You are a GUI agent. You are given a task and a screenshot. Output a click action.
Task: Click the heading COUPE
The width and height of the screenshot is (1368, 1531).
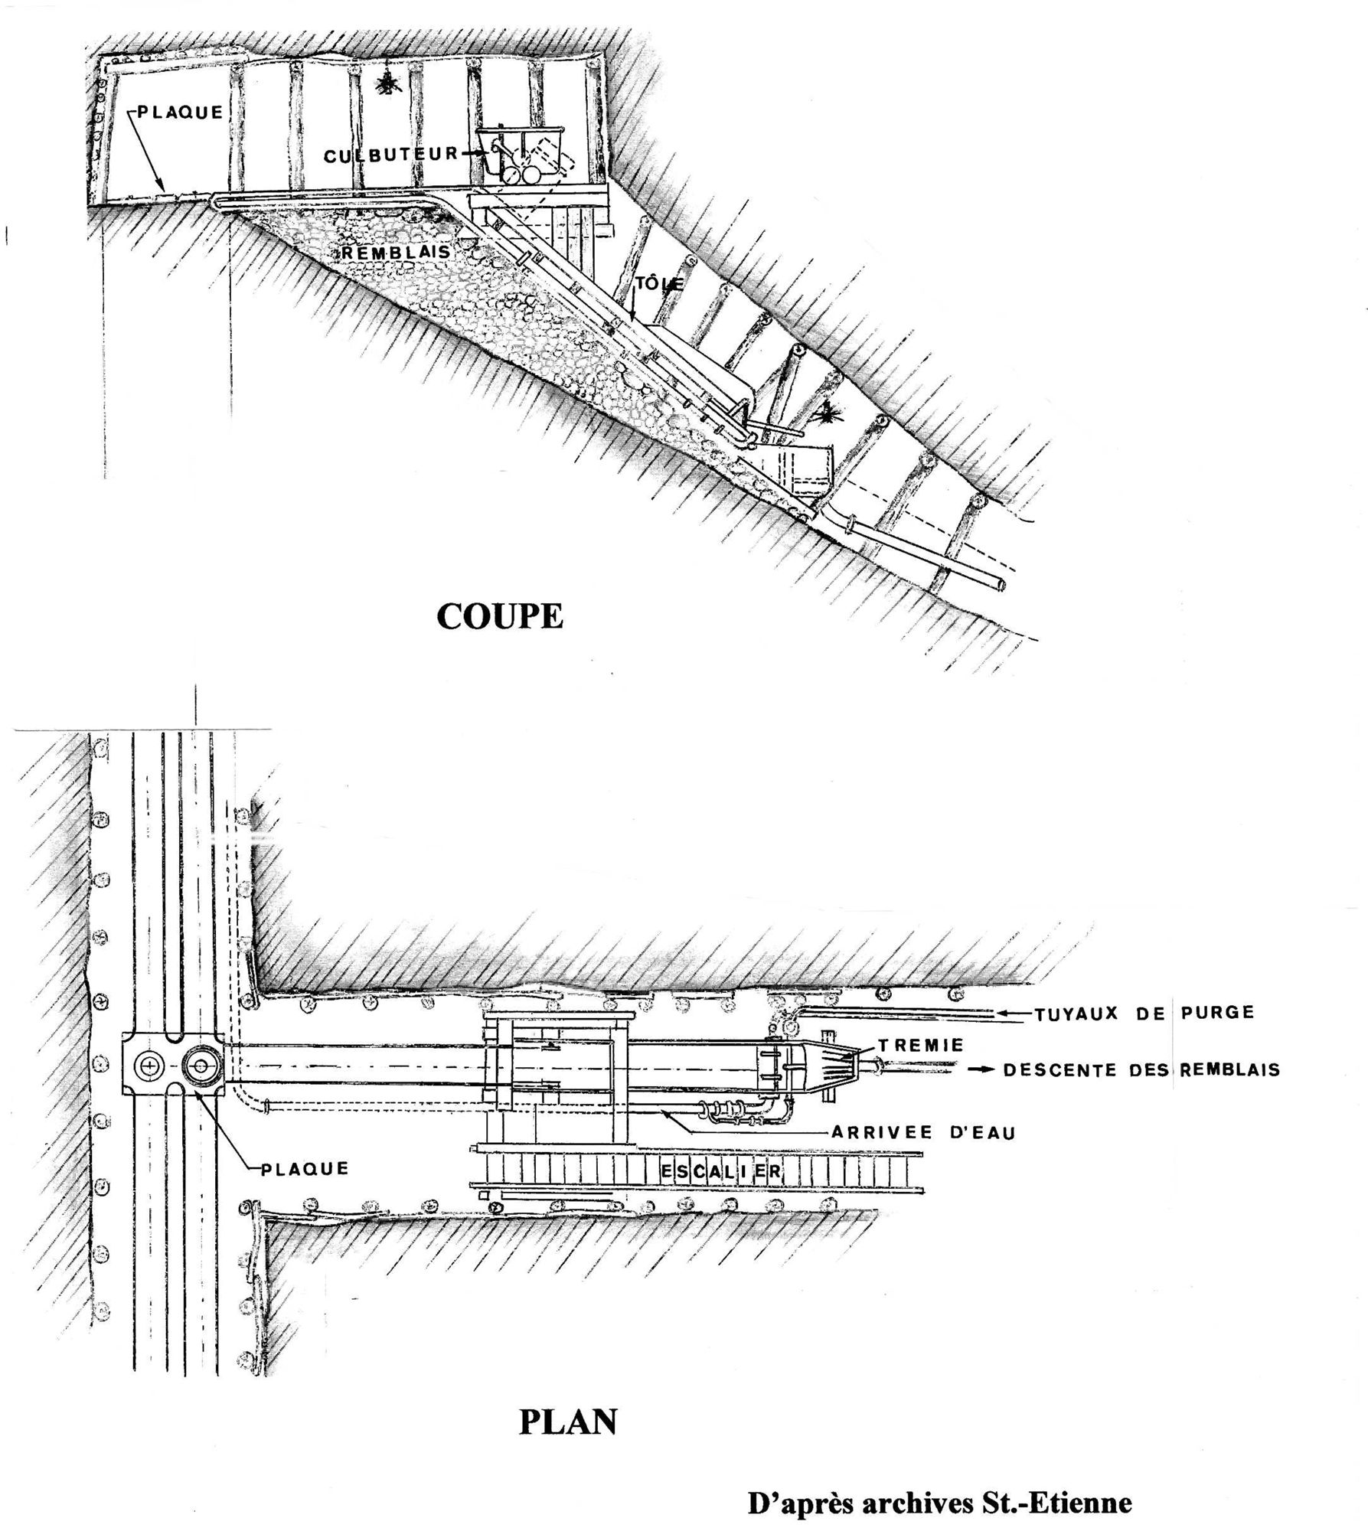pos(499,615)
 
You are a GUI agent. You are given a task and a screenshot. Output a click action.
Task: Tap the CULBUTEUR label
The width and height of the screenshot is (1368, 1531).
pos(390,155)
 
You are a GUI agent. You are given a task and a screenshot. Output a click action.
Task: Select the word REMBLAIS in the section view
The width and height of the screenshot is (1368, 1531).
pos(396,251)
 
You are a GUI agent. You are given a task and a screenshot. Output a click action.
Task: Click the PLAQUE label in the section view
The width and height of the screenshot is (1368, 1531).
pos(180,112)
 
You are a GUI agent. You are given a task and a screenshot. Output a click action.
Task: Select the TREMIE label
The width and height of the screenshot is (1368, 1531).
pos(920,1044)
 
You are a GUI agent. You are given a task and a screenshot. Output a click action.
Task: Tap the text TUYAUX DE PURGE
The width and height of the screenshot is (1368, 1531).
pos(1144,1014)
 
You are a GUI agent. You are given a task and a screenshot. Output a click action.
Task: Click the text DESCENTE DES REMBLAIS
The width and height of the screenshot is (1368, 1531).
pos(1141,1069)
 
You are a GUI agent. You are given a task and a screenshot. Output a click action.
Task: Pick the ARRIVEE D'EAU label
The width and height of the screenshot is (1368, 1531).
pos(923,1131)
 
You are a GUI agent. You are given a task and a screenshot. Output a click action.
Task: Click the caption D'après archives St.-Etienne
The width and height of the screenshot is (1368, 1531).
pos(939,1503)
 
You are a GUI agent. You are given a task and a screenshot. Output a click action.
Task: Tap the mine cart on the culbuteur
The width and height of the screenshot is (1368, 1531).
pos(521,153)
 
